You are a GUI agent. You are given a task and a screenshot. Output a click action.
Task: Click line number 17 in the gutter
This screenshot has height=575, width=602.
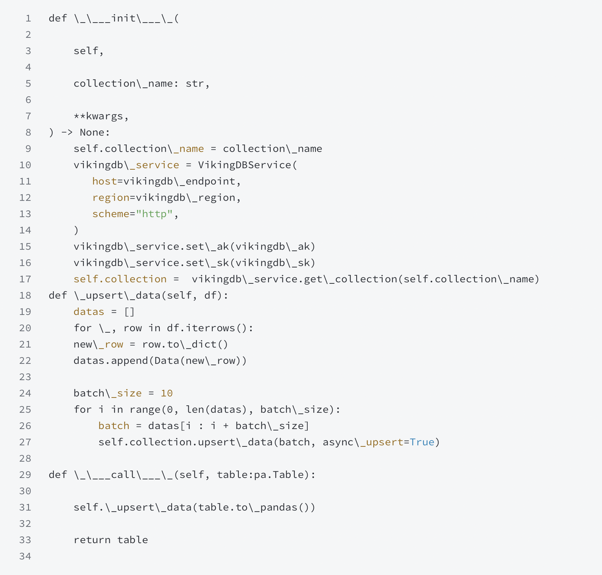tap(25, 279)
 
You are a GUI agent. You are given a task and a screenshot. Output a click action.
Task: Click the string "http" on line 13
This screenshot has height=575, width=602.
tap(154, 214)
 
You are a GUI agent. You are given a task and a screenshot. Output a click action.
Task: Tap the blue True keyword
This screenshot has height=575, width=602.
tap(422, 442)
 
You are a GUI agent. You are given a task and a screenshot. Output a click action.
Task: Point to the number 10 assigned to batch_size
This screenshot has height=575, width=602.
tap(166, 393)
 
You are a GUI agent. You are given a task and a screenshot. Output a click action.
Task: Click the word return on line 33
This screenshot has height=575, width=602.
tap(92, 540)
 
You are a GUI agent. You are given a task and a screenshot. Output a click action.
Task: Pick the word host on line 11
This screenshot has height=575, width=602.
tap(105, 181)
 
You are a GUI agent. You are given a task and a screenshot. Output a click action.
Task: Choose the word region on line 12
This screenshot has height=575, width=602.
tap(111, 198)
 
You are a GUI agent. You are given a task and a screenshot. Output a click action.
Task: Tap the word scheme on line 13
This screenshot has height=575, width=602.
tap(111, 214)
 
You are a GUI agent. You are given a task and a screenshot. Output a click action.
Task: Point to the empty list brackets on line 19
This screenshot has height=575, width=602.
tap(129, 312)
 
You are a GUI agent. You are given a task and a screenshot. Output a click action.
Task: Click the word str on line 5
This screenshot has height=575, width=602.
tap(195, 84)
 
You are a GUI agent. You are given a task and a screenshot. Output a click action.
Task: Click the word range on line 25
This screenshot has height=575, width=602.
tap(145, 410)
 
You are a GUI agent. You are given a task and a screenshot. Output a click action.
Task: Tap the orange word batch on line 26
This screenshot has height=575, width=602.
tap(114, 426)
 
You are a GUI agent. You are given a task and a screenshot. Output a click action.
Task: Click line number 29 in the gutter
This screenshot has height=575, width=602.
tap(25, 475)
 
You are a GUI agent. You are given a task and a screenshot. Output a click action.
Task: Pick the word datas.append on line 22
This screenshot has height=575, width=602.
tap(111, 361)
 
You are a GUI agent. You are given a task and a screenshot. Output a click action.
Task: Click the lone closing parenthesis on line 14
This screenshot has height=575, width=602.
tap(76, 230)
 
